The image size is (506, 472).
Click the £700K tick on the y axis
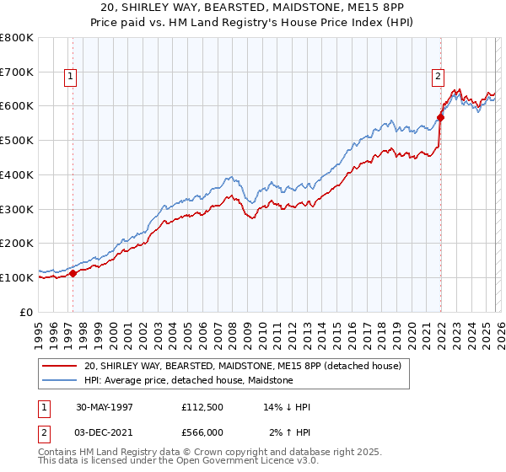point(17,72)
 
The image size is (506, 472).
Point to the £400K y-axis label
point(17,174)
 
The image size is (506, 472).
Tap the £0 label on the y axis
point(27,312)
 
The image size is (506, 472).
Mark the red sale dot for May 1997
point(73,273)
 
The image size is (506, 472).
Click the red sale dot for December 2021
point(440,117)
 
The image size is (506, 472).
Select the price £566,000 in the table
point(207,432)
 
